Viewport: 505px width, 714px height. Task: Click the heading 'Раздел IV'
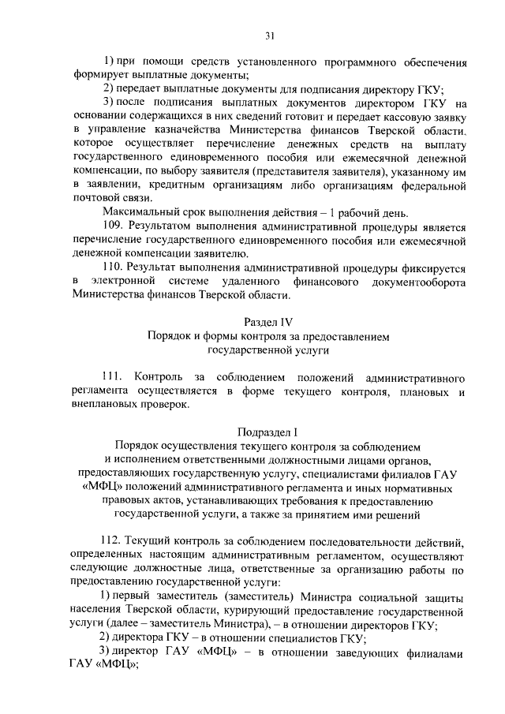[x=269, y=322]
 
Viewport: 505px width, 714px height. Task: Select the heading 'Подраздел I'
[x=269, y=432]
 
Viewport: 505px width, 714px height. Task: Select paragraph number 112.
[x=115, y=542]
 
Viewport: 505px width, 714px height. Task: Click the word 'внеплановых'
[x=109, y=405]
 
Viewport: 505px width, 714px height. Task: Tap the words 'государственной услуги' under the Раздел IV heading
[x=268, y=350]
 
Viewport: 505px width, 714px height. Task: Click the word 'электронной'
[x=125, y=282]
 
